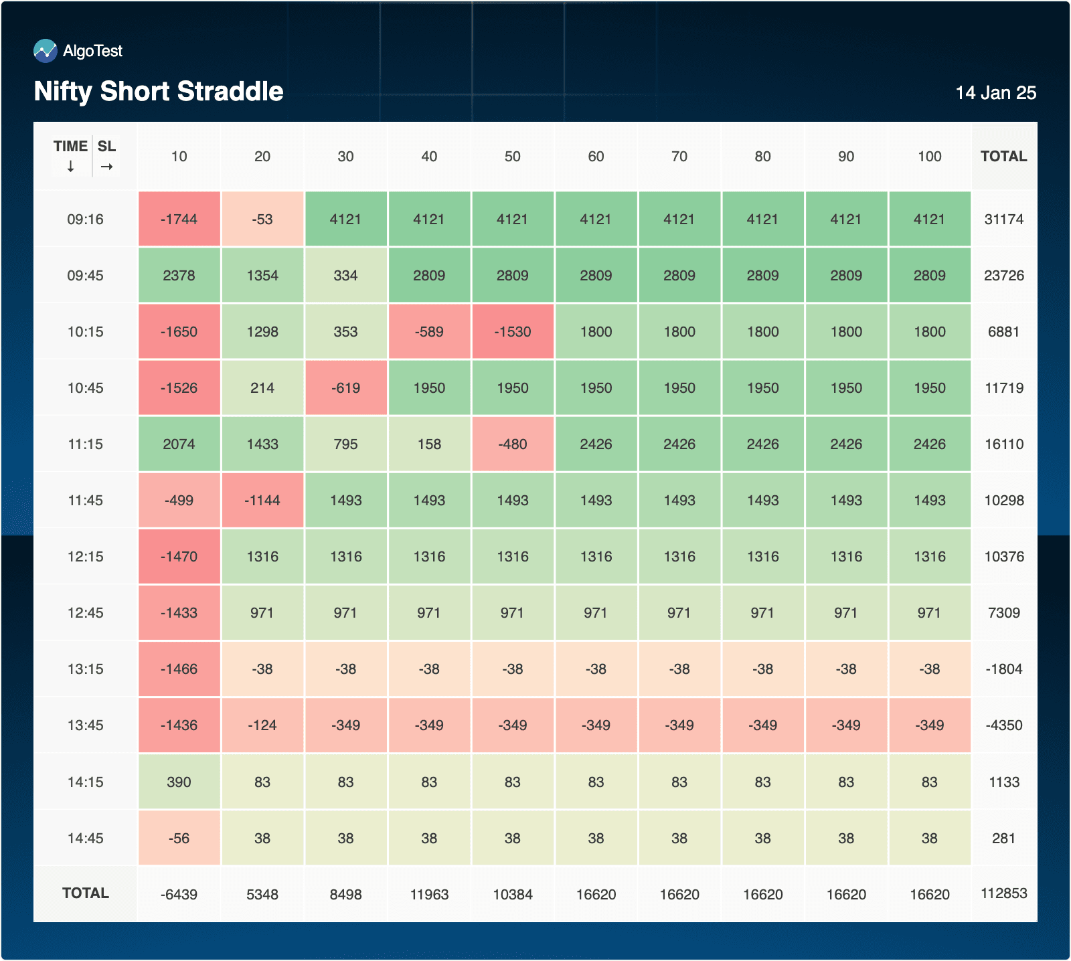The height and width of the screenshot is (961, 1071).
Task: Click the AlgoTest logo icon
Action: point(46,51)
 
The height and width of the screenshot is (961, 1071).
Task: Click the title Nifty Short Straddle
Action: point(159,92)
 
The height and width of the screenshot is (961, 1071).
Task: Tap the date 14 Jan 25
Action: point(995,93)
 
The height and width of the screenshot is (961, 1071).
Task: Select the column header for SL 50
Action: point(512,157)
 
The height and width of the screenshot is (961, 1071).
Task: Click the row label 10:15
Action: point(85,332)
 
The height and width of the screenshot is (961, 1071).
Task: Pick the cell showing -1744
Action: point(179,220)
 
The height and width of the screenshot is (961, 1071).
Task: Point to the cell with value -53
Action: point(262,220)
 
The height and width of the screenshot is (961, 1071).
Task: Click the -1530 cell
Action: point(512,332)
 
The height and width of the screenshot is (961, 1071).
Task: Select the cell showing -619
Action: point(345,388)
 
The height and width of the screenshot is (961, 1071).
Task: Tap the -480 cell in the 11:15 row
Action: point(512,444)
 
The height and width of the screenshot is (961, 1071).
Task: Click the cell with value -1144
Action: point(262,501)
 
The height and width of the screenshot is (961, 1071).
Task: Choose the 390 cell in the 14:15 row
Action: point(179,782)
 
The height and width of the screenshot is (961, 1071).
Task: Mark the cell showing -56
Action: point(179,839)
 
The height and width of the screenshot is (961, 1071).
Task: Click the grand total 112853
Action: point(1003,893)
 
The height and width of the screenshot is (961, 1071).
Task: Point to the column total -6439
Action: point(179,895)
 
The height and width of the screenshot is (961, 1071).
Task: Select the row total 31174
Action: point(1003,220)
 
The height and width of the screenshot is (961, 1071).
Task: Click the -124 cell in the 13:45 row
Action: point(262,725)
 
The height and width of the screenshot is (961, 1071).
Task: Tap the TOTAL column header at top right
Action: point(1003,157)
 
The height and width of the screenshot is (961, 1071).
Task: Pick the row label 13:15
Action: point(85,669)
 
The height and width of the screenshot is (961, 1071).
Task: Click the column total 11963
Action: point(429,895)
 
